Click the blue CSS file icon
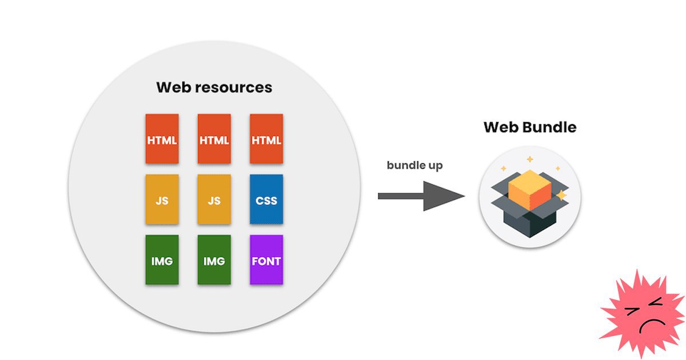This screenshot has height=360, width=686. pos(266,199)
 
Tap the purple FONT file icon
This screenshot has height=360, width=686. pos(266,260)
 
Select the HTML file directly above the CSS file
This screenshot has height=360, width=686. pos(266,139)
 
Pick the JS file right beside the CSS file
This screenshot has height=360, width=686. pos(214,199)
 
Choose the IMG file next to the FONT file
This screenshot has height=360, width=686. pos(214,260)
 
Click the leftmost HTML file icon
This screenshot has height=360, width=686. pos(162,139)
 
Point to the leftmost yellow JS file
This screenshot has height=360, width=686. pos(162,199)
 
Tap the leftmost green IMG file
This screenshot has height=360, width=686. pos(162,260)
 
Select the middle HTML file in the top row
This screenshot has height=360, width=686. pos(214,139)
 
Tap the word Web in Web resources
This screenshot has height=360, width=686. pos(173,88)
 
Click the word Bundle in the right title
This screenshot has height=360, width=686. pos(550,127)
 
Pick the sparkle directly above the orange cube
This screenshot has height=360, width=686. pos(529,159)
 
